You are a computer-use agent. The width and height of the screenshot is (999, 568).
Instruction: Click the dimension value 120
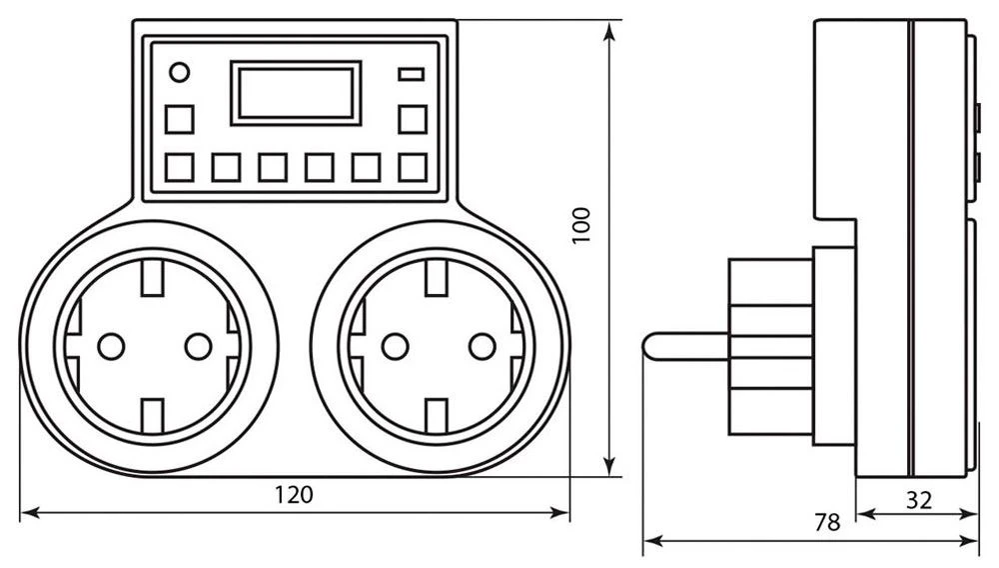pyautogui.click(x=295, y=494)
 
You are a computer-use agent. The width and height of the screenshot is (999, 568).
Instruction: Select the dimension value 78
pyautogui.click(x=826, y=521)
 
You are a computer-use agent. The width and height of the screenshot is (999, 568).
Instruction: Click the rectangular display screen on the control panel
pyautogui.click(x=295, y=92)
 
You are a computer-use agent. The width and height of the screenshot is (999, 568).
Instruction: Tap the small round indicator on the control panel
pyautogui.click(x=180, y=72)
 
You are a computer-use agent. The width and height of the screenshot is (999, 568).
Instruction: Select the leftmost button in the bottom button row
pyautogui.click(x=180, y=166)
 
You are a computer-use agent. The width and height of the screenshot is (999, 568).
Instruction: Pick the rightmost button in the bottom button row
pyautogui.click(x=412, y=166)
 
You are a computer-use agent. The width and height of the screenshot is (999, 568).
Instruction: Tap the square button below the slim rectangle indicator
pyautogui.click(x=412, y=118)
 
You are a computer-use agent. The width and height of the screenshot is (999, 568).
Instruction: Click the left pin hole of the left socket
pyautogui.click(x=109, y=346)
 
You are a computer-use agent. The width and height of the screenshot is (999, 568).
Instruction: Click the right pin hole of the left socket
pyautogui.click(x=198, y=346)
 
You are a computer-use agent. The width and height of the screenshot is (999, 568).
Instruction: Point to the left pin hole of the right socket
pyautogui.click(x=395, y=346)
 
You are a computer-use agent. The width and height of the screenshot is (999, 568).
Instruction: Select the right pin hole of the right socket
pyautogui.click(x=484, y=346)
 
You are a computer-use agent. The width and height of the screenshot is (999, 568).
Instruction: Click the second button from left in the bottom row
pyautogui.click(x=226, y=166)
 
